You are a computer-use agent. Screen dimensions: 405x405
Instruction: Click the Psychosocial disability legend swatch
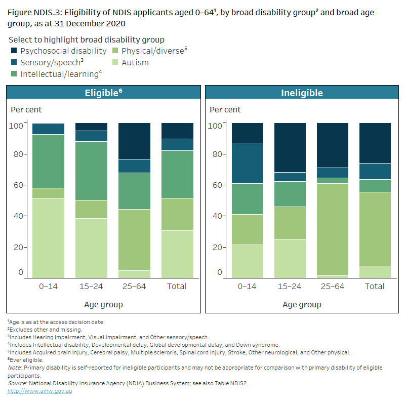coord(14,51)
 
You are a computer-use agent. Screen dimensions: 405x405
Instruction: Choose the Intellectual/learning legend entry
coord(59,74)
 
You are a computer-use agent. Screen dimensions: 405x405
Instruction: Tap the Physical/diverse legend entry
coord(152,51)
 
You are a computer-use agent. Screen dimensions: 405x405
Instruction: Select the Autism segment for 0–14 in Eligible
coord(48,237)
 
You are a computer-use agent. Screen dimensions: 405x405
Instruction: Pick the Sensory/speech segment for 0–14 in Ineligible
coord(247,163)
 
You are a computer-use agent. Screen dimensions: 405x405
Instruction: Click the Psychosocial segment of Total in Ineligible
coord(375,143)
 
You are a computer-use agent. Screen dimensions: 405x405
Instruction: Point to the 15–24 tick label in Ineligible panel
coord(290,286)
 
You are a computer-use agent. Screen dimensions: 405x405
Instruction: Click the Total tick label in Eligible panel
coord(177,286)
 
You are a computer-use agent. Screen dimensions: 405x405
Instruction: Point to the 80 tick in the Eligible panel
coord(18,154)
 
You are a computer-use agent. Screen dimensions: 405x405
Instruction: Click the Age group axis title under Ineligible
coord(302,304)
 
